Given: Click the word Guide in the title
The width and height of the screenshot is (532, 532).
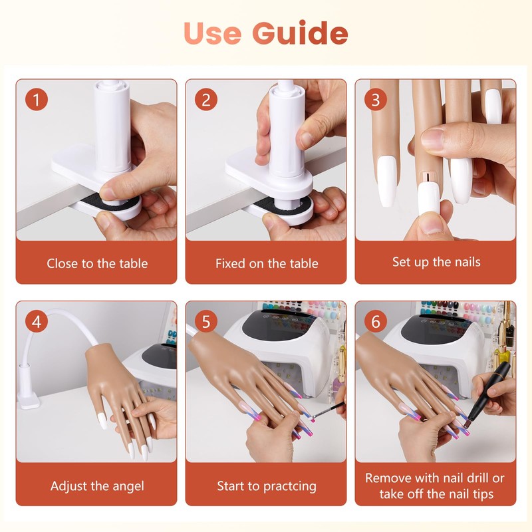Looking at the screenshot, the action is click(x=301, y=33).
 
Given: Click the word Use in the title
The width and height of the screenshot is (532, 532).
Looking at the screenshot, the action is click(x=212, y=33).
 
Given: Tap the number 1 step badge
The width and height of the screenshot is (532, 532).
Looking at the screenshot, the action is click(x=37, y=99).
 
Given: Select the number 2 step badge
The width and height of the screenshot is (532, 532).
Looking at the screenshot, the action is click(x=206, y=99).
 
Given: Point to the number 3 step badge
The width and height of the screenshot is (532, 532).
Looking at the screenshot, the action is click(x=375, y=99).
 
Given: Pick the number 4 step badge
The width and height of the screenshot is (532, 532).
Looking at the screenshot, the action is click(x=37, y=321).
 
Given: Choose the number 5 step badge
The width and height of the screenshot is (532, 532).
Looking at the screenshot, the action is click(x=206, y=321).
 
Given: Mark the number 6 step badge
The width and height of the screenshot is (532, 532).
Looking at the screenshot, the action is click(x=375, y=321).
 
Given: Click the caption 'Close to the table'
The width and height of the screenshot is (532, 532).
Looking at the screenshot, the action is click(x=97, y=263).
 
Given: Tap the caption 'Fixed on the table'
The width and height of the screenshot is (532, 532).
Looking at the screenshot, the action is click(x=267, y=263).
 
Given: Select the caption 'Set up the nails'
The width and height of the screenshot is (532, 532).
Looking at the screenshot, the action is click(x=436, y=262).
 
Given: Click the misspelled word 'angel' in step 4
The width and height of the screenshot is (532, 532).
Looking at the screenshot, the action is click(x=128, y=487).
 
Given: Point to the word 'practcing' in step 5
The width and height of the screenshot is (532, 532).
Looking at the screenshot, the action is click(x=290, y=487).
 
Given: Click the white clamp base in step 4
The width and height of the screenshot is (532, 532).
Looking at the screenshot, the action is click(x=29, y=400).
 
